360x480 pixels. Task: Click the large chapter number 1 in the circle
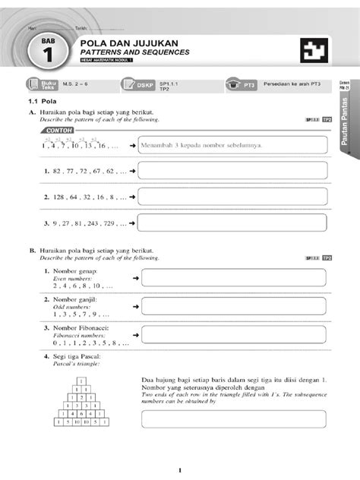(47, 56)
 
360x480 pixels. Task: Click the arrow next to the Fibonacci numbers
(135, 333)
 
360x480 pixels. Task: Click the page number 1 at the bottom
(179, 469)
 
